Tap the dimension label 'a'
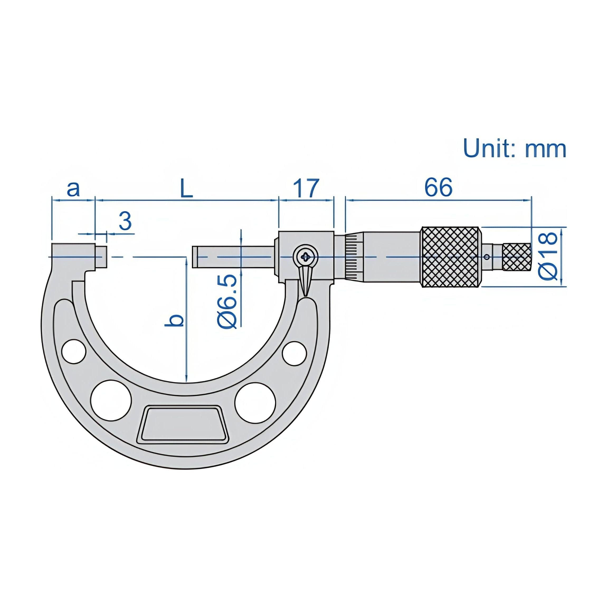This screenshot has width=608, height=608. pyautogui.click(x=73, y=189)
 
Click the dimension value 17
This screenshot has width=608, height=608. pyautogui.click(x=306, y=188)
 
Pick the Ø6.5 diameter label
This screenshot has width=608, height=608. pyautogui.click(x=227, y=301)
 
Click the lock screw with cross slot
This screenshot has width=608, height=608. pyautogui.click(x=306, y=257)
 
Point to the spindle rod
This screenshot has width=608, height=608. pyautogui.click(x=233, y=257)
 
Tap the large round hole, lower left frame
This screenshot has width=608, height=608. pyautogui.click(x=111, y=400)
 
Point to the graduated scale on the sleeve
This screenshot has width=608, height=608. pyautogui.click(x=354, y=257)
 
